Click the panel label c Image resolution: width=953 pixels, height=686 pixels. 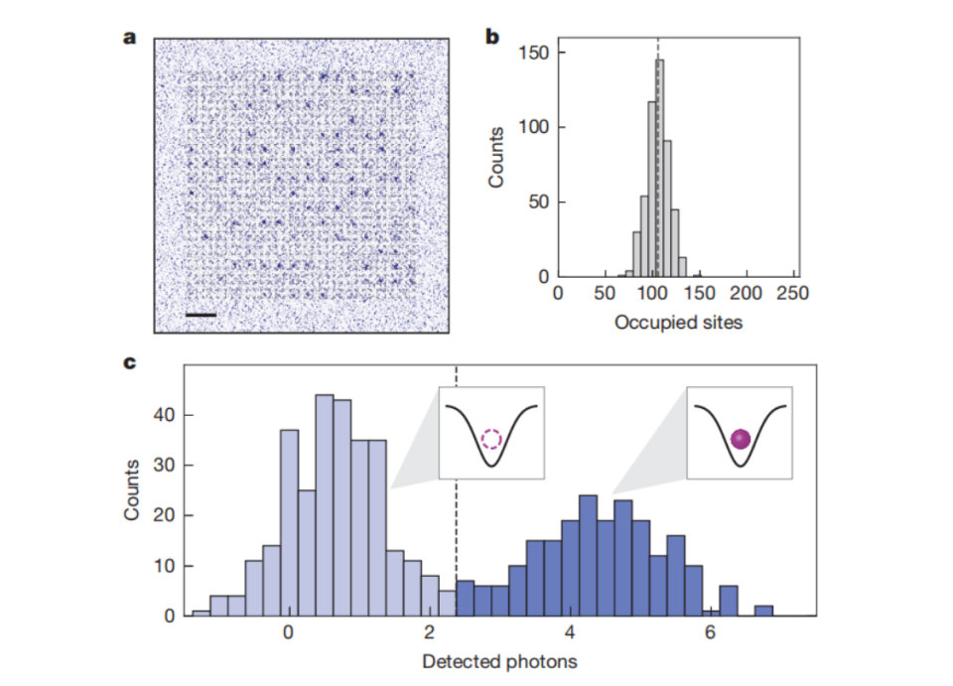click(129, 364)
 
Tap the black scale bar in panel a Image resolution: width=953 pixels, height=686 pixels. click(200, 316)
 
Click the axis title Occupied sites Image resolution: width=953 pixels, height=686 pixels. click(678, 322)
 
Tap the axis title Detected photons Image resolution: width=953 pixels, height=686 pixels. click(499, 661)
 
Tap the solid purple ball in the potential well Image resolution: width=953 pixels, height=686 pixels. click(739, 439)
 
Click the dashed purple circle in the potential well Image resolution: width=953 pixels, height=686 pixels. click(491, 439)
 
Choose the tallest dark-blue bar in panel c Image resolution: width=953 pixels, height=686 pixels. click(588, 555)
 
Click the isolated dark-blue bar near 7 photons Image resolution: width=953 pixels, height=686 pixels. click(762, 611)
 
